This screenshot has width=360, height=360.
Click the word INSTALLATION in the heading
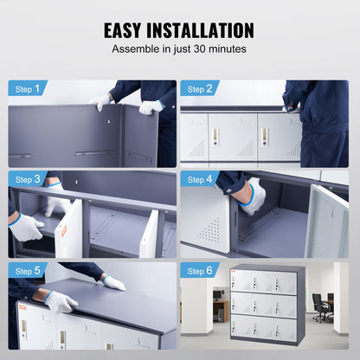tap(207, 30)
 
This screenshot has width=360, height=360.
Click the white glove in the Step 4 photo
tap(254, 197)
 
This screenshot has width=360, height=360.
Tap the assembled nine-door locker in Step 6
tap(267, 305)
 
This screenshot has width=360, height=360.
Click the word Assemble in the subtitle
tap(137, 50)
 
